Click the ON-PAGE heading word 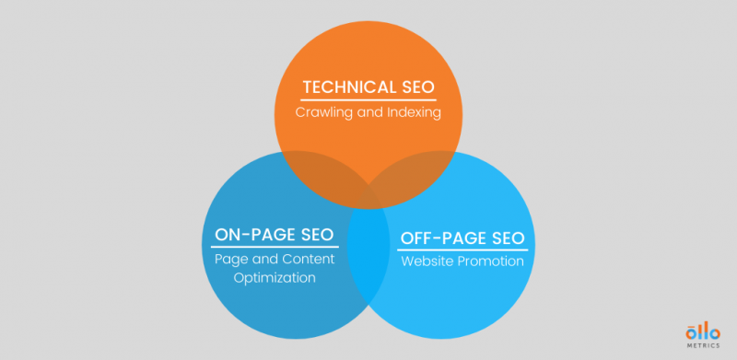pos(251,235)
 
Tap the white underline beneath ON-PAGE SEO pos(275,247)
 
